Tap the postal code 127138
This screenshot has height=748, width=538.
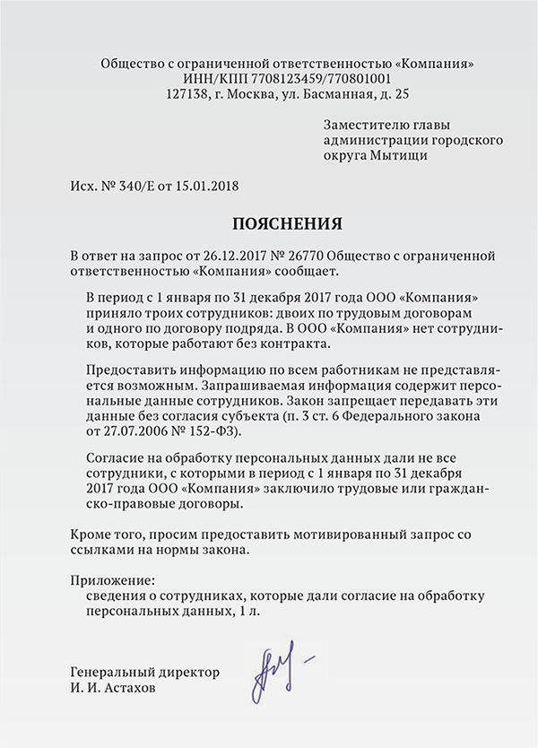click(x=187, y=93)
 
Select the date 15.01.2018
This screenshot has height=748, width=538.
click(x=208, y=187)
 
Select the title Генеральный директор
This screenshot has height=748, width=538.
click(x=143, y=673)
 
